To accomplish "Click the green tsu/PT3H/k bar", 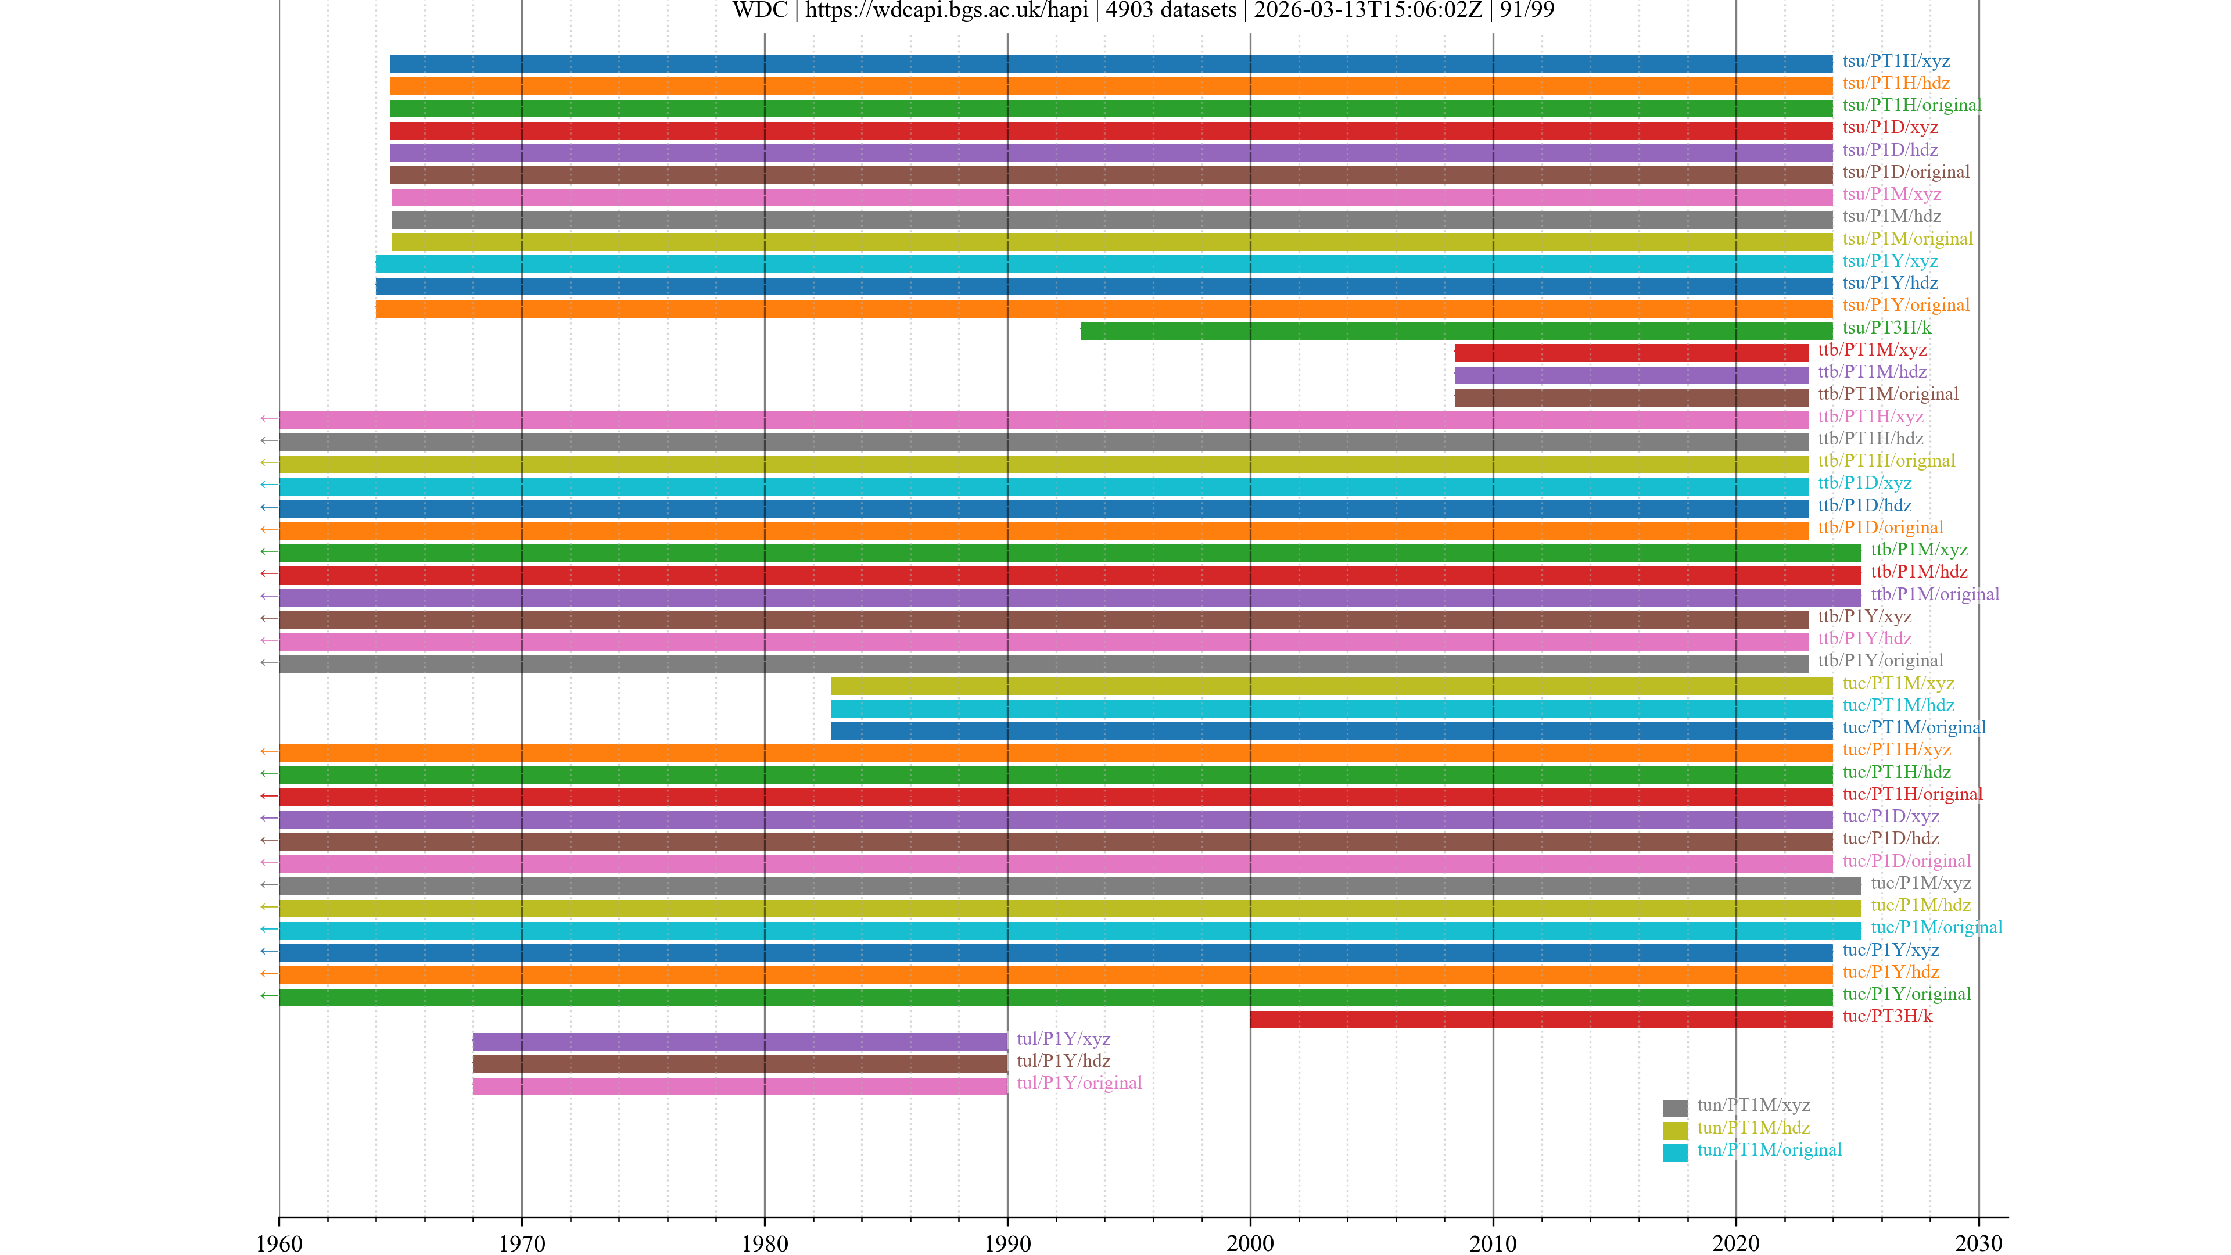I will click(1455, 330).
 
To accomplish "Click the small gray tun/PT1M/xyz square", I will click(1674, 1108).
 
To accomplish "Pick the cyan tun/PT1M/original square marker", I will click(1674, 1152).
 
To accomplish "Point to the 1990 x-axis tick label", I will click(1007, 1243).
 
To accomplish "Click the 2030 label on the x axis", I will click(1978, 1243).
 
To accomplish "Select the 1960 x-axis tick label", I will click(279, 1243).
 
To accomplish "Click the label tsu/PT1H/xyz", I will click(1896, 60).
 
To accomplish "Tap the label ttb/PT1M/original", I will click(1887, 394).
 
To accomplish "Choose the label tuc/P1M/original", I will click(1936, 927).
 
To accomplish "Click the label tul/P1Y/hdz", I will click(1063, 1060).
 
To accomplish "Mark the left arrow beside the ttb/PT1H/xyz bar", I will click(268, 418).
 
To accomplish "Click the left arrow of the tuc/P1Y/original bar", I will click(268, 996).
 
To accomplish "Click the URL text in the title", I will click(946, 10).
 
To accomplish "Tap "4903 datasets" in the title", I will click(1170, 10).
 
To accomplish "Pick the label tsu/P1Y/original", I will click(1906, 305).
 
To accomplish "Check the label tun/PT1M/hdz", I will click(1753, 1127).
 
